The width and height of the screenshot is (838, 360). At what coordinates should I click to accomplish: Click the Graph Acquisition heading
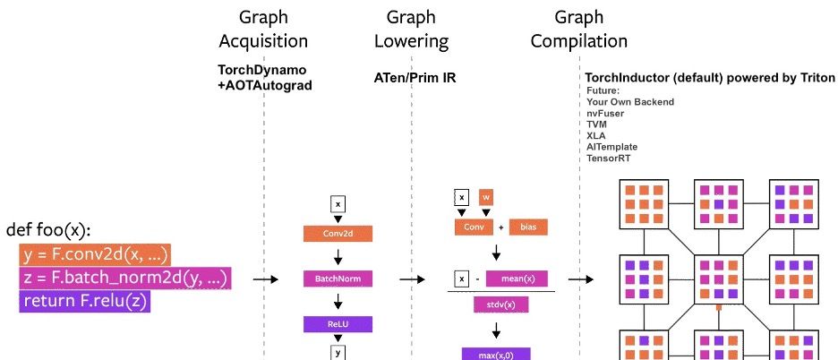click(263, 29)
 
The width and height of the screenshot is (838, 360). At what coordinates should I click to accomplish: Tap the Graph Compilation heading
click(578, 29)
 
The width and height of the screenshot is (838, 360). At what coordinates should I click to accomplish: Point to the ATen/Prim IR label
click(415, 78)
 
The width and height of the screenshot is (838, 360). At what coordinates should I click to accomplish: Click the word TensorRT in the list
click(611, 158)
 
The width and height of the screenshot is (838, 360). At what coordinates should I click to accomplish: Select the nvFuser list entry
click(605, 114)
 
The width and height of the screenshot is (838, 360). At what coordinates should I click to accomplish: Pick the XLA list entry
click(596, 135)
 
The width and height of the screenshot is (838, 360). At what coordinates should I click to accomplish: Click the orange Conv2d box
click(338, 234)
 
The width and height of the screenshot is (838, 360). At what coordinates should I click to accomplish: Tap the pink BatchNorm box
click(338, 279)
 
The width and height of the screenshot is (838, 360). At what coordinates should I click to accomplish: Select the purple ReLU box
click(338, 324)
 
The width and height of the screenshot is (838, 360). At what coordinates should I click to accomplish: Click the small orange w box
click(486, 197)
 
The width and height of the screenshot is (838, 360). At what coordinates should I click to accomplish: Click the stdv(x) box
click(501, 305)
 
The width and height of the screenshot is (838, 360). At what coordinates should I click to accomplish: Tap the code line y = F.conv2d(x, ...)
click(95, 254)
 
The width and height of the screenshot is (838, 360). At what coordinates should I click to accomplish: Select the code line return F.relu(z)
click(86, 301)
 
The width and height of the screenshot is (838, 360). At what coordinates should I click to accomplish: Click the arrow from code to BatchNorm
click(266, 279)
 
